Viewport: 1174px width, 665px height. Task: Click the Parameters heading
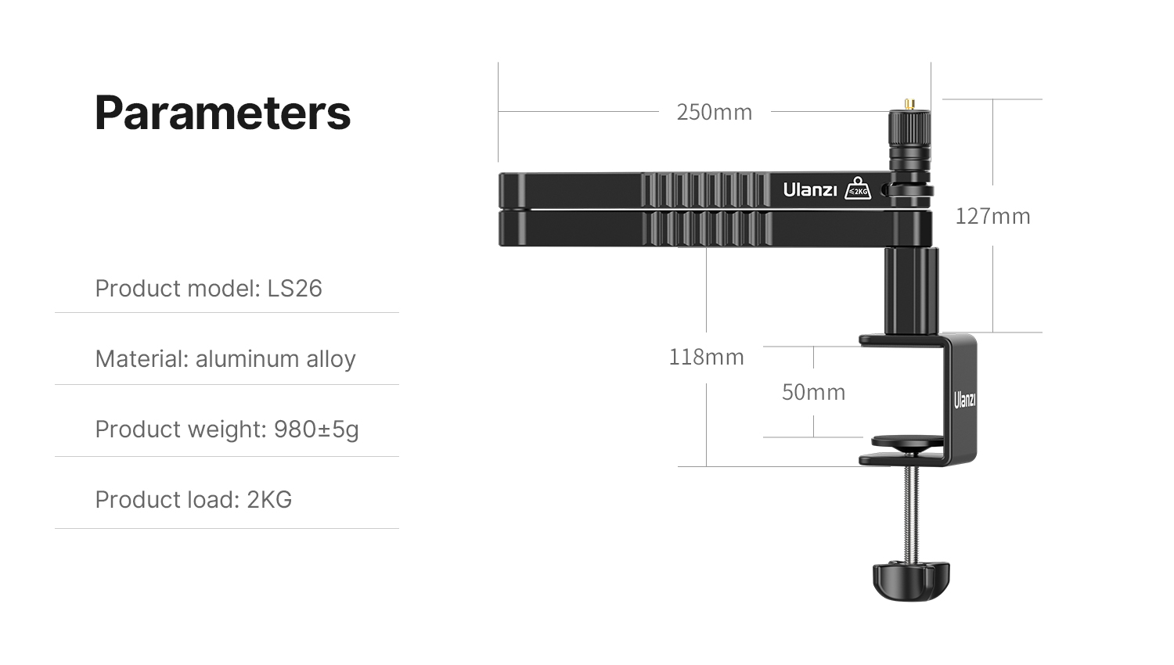click(x=223, y=113)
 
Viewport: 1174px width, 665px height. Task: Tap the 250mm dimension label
click(x=715, y=112)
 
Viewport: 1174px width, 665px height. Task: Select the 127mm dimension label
click(x=992, y=216)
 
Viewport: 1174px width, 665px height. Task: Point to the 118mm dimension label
click(x=707, y=358)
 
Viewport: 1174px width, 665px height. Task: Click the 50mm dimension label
click(x=813, y=392)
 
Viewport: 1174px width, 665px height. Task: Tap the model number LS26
click(x=294, y=288)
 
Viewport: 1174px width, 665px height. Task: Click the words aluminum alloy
click(x=275, y=359)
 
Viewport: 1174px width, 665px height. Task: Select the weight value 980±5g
click(x=316, y=430)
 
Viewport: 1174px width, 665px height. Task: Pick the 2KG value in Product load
click(x=269, y=499)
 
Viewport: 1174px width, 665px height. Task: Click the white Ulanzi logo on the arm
click(x=810, y=189)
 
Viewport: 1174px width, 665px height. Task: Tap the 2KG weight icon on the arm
click(x=858, y=188)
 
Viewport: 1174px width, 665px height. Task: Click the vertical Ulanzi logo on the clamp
click(x=964, y=400)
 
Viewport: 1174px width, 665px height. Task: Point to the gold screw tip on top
click(x=909, y=104)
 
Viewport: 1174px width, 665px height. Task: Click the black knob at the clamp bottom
click(x=911, y=581)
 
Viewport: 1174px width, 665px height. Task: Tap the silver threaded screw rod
click(x=912, y=514)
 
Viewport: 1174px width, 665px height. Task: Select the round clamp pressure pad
click(x=908, y=443)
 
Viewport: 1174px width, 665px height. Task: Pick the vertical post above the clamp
click(x=912, y=291)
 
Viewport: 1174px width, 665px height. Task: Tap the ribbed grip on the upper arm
click(x=705, y=189)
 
